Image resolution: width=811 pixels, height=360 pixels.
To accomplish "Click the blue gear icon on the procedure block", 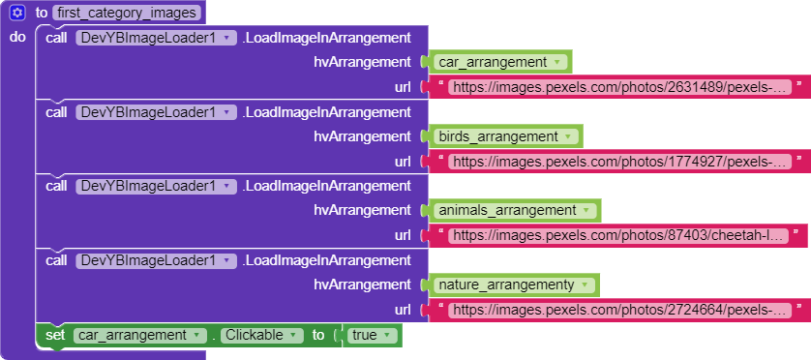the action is click(17, 13).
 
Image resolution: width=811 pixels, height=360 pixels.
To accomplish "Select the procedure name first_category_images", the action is click(127, 13).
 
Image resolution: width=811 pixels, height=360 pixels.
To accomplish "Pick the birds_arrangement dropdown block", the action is click(505, 136).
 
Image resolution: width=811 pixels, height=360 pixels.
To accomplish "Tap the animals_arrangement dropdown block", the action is click(514, 211).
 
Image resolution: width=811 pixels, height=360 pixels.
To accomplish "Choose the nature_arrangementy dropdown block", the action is click(513, 285).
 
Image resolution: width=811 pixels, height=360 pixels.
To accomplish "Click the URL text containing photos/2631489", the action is click(619, 87).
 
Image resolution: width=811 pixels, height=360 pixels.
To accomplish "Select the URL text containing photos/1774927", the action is click(619, 162).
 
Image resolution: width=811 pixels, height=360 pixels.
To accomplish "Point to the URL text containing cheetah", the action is click(618, 236).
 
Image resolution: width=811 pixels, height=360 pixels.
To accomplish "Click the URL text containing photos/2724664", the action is click(619, 311).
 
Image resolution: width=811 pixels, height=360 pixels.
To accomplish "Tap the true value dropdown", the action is click(372, 335).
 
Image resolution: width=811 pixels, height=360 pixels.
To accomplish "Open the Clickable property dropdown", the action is click(262, 335).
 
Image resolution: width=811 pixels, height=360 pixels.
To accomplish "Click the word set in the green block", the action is click(55, 335).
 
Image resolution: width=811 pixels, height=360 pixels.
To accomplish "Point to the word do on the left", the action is click(17, 37).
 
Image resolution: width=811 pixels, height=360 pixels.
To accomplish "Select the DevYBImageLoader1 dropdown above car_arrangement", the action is click(156, 38).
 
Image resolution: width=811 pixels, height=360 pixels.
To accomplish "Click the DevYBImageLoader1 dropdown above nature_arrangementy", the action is click(156, 260).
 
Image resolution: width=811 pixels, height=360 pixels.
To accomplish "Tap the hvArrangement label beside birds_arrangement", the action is click(362, 136).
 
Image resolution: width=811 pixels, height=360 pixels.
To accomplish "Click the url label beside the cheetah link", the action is click(403, 236).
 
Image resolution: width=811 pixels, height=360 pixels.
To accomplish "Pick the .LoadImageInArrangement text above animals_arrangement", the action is click(326, 186).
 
